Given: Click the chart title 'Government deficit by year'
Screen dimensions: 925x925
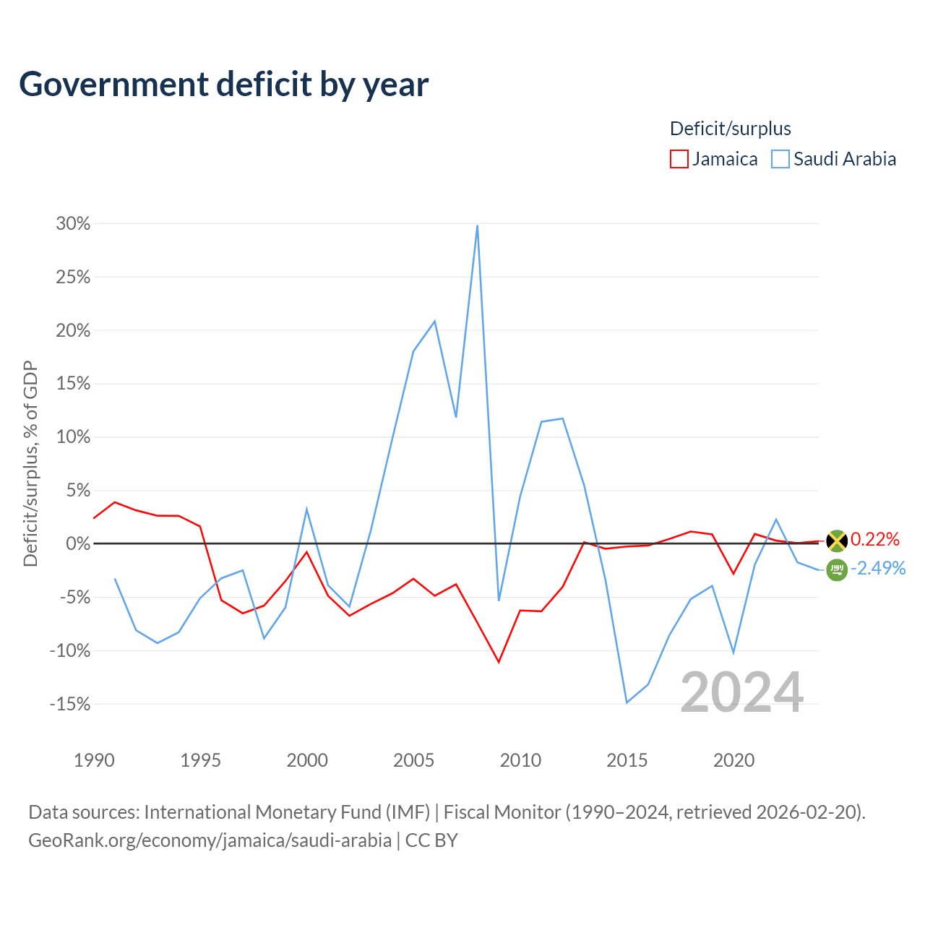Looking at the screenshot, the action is pos(223,85).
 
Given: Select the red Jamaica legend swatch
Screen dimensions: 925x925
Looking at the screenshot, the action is pos(679,159).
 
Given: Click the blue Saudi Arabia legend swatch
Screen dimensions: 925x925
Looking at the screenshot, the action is pos(780,159).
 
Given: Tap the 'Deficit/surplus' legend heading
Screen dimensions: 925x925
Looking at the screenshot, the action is pos(730,129).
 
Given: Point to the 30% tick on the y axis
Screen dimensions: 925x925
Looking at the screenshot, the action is pos(73,224).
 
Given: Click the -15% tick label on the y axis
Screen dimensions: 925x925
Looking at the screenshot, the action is pos(70,704).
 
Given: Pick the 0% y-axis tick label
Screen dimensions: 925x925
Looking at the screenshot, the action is pos(78,544).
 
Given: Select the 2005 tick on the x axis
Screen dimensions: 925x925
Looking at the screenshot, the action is pos(413,760).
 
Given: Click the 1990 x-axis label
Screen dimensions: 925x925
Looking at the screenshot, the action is pos(94,760).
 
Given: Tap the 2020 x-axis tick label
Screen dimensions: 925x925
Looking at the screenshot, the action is pos(733,760).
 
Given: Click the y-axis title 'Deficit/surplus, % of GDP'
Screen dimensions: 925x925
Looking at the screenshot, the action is pos(31,464).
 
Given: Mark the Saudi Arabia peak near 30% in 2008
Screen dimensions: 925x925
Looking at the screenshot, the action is pos(477,225).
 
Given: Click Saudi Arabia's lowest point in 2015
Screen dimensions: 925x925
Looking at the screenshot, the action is pos(627,702).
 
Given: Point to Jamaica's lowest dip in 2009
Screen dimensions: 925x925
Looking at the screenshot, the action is pos(499,663).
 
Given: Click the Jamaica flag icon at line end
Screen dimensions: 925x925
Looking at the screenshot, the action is pos(837,541).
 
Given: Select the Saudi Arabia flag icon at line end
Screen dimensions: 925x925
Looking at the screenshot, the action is pos(837,570).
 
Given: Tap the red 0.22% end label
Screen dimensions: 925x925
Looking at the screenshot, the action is pos(875,540).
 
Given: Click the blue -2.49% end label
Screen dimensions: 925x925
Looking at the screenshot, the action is pos(878,568).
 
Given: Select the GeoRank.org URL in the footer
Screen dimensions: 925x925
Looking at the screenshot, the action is pos(210,840).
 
